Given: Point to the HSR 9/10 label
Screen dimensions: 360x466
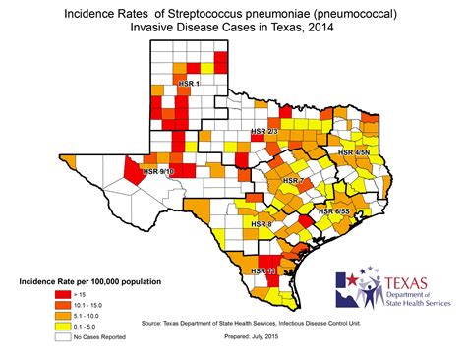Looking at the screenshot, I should pos(158,171).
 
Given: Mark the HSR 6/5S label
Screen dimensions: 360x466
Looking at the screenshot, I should pos(335,211).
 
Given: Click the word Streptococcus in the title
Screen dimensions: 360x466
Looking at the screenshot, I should pos(185,13).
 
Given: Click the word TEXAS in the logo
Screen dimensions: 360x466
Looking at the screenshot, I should pos(399,283).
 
